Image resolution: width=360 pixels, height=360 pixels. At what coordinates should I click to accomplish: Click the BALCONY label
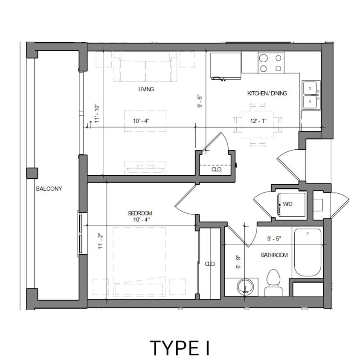pos(49,189)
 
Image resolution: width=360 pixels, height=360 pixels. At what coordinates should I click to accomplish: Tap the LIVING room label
pos(146,90)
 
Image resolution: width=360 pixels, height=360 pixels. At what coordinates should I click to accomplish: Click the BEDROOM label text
pos(140,213)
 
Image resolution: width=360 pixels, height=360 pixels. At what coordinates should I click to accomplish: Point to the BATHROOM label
pos(274,255)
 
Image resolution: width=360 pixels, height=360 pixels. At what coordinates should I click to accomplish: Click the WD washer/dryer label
pos(287,204)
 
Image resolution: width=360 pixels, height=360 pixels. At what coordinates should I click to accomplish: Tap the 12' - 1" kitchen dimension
pos(258,121)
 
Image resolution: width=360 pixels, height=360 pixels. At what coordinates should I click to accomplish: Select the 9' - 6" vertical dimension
pos(199,101)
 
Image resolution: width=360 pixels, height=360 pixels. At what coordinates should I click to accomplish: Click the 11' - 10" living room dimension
pos(97,114)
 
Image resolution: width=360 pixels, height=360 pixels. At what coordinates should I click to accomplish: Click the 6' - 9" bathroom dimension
pos(239,261)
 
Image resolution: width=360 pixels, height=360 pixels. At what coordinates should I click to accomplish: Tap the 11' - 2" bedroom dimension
pos(100,241)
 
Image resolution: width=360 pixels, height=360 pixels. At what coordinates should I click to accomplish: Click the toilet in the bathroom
pos(273,282)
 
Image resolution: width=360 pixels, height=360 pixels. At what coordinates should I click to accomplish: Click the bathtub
pos(307,253)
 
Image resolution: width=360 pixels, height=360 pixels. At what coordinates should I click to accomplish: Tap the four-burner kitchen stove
pos(271,63)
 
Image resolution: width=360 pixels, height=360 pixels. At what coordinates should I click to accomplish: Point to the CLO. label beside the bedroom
pos(210,264)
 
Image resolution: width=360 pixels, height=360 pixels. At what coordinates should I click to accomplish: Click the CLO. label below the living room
pos(217,169)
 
